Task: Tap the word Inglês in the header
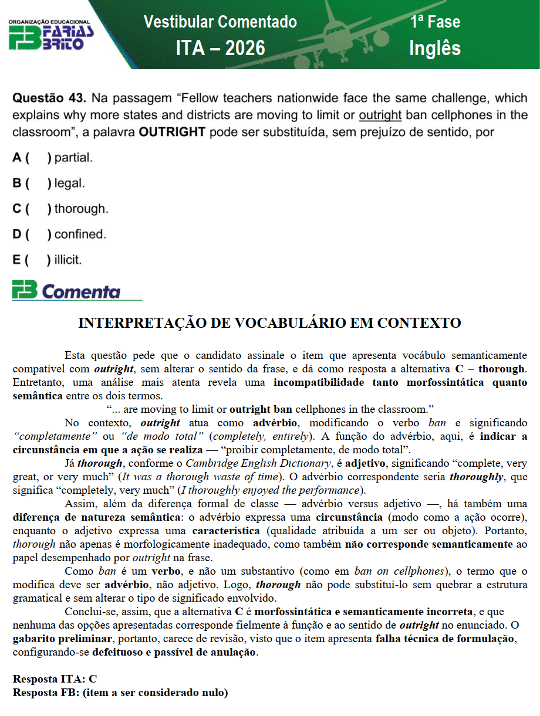(x=434, y=48)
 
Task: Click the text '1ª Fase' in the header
(x=435, y=22)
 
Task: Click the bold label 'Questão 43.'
(x=50, y=97)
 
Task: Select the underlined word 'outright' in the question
(x=380, y=115)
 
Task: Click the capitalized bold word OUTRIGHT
(x=172, y=133)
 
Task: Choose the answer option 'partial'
(x=73, y=158)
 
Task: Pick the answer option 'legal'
(x=70, y=184)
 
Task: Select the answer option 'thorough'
(x=81, y=209)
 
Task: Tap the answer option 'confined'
(x=80, y=235)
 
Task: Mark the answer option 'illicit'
(x=68, y=260)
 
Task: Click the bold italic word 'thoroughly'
(x=474, y=477)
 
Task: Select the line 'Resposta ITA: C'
(x=55, y=678)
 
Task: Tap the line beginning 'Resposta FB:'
(x=120, y=693)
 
